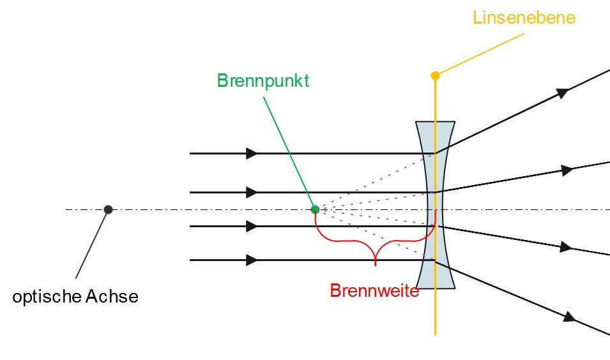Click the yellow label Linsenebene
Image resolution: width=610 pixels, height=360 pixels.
pos(524,17)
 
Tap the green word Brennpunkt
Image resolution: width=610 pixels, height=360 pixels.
pos(263,81)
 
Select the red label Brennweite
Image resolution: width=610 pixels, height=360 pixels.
pos(374,290)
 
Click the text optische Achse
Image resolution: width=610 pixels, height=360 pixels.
pos(75,297)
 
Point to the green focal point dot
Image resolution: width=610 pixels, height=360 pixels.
pos(315,209)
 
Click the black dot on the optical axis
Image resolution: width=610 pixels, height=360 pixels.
pos(109,209)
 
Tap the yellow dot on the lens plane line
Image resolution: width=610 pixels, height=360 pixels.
pos(435,75)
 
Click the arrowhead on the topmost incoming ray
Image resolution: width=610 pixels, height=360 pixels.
pos(252,154)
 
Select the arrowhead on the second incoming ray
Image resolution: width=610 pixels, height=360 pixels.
pos(252,192)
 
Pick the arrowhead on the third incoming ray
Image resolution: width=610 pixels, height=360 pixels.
pos(252,226)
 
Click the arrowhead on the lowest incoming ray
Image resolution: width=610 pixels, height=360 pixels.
pos(252,260)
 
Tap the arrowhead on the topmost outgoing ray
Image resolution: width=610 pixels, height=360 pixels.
pos(562,93)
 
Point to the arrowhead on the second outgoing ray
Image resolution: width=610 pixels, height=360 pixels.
pos(566,170)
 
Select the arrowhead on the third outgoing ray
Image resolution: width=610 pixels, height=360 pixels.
pos(565,247)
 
